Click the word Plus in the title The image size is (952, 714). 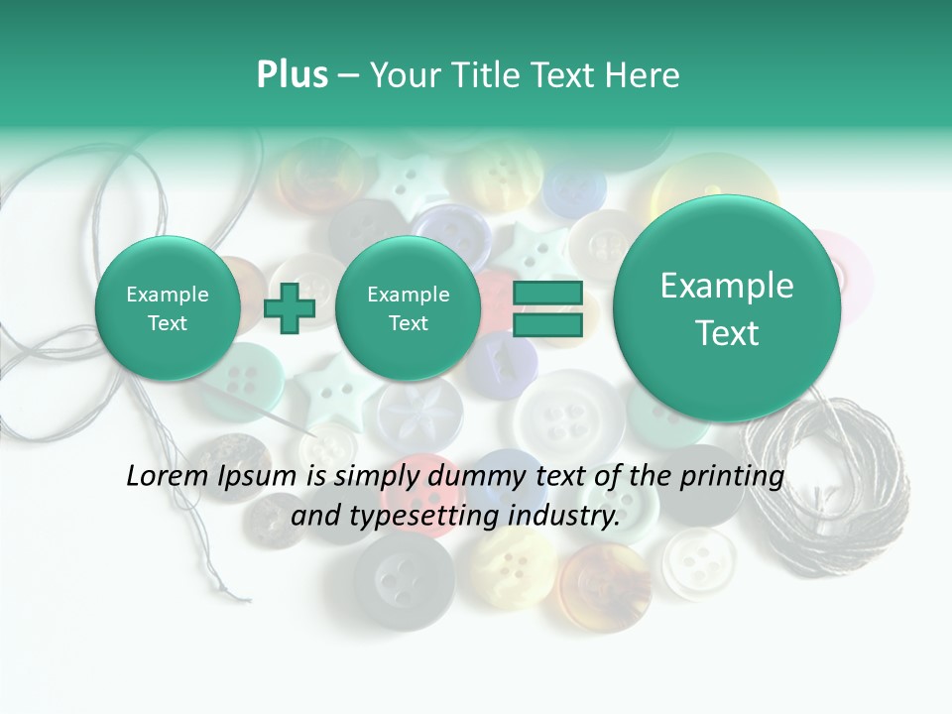pyautogui.click(x=292, y=75)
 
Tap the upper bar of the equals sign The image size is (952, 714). pyautogui.click(x=547, y=294)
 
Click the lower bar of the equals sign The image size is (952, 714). pyautogui.click(x=547, y=325)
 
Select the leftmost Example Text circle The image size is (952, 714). pyautogui.click(x=168, y=308)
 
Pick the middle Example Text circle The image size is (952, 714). pyautogui.click(x=408, y=308)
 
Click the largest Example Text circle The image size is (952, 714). pyautogui.click(x=727, y=308)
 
